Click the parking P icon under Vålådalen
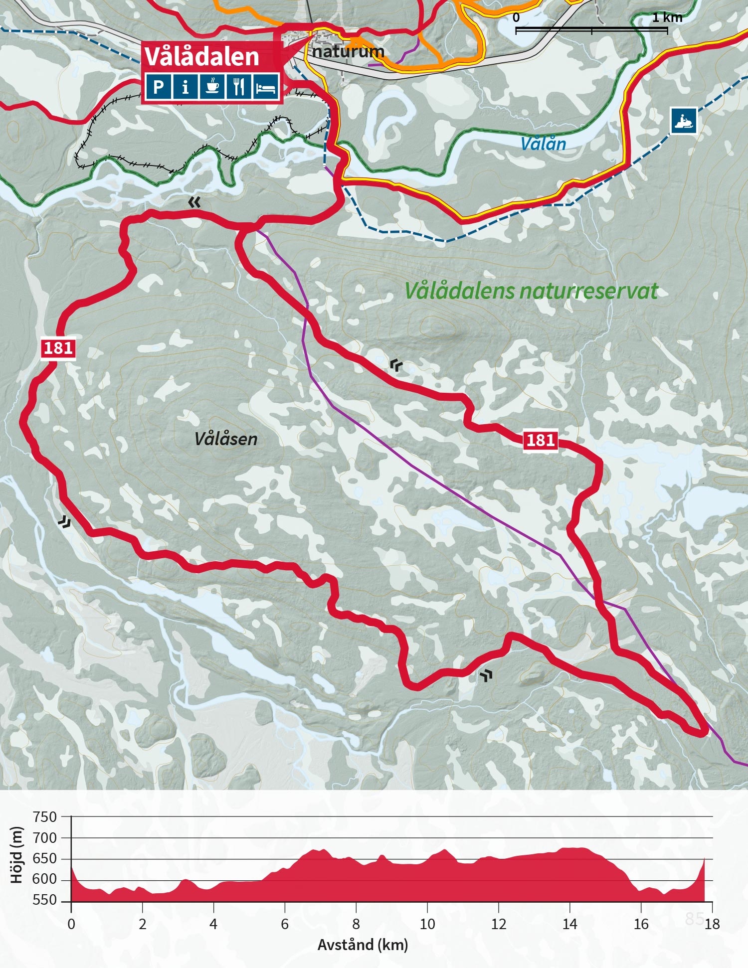159,87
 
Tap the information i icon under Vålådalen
186,87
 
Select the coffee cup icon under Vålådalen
212,87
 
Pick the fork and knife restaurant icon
239,87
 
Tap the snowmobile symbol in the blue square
683,121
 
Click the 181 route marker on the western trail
58,348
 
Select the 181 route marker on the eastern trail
541,440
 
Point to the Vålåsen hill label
226,439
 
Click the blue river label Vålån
543,144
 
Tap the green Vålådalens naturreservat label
531,291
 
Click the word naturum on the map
348,51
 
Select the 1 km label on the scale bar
667,18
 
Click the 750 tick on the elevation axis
45,817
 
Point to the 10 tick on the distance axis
427,924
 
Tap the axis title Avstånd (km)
363,945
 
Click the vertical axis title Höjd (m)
17,855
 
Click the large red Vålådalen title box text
202,56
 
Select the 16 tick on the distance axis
641,924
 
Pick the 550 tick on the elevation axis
45,900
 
